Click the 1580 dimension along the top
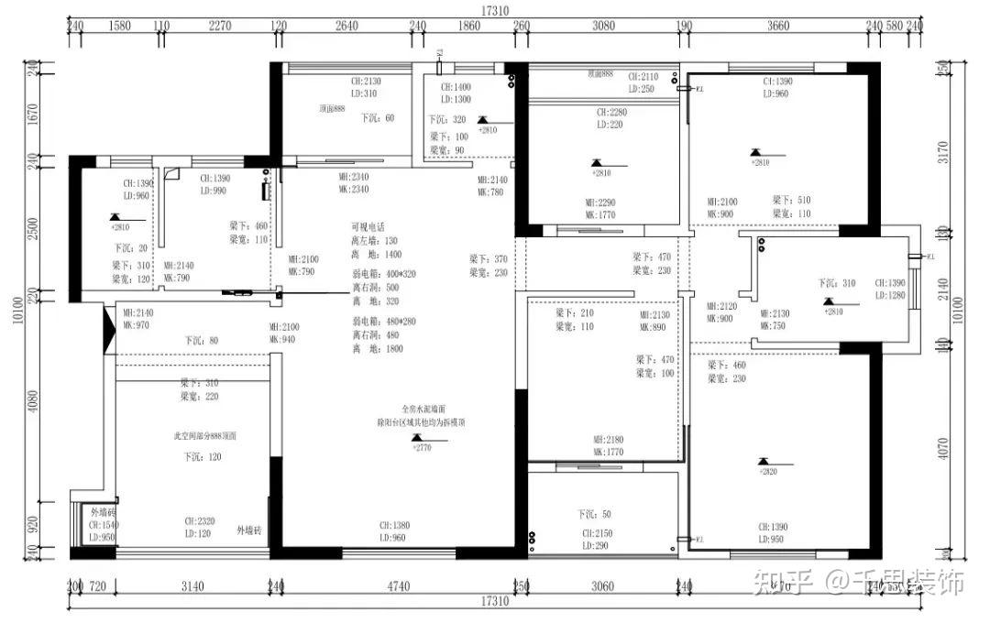pyautogui.click(x=120, y=27)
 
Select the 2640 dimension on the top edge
pyautogui.click(x=346, y=27)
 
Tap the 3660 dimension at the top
pyautogui.click(x=777, y=27)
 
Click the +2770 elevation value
pyautogui.click(x=422, y=448)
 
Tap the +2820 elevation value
pyautogui.click(x=767, y=471)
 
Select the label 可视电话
pyautogui.click(x=369, y=226)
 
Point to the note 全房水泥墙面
pyautogui.click(x=423, y=409)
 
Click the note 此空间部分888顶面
pyautogui.click(x=206, y=437)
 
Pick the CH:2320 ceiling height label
pyautogui.click(x=200, y=520)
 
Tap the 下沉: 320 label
pyautogui.click(x=447, y=120)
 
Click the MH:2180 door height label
pyautogui.click(x=609, y=440)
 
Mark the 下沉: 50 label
pyautogui.click(x=594, y=514)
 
